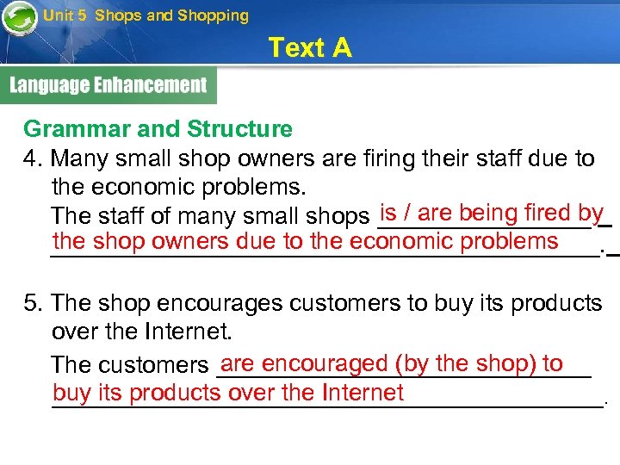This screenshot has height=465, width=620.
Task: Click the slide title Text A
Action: pyautogui.click(x=310, y=48)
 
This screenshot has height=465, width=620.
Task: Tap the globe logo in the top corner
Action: pyautogui.click(x=18, y=18)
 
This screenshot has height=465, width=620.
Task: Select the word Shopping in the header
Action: pyautogui.click(x=213, y=15)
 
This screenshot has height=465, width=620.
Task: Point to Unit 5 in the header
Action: pyautogui.click(x=65, y=15)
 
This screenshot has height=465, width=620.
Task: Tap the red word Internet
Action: pyautogui.click(x=363, y=394)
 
